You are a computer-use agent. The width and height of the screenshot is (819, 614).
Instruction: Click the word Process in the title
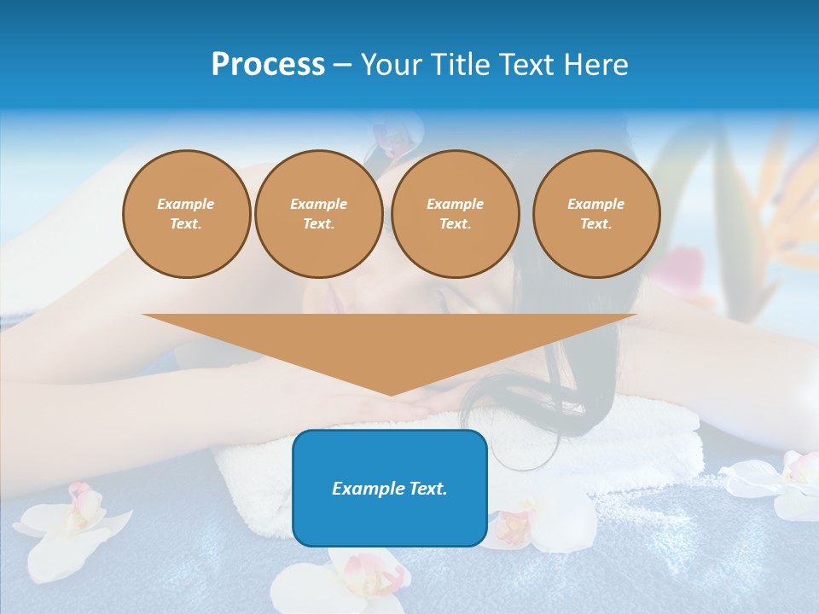[268, 65]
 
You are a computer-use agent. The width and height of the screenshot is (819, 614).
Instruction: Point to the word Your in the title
[391, 65]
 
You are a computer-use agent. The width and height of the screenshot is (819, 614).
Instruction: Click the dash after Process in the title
[342, 66]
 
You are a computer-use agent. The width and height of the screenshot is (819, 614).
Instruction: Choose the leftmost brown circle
[186, 214]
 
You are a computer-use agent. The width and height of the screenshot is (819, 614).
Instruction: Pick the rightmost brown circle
[596, 214]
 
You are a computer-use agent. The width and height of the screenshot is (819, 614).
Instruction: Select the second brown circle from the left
[318, 214]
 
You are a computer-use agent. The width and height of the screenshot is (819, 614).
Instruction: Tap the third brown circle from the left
[455, 214]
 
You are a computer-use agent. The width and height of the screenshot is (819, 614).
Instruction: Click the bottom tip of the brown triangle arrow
[391, 393]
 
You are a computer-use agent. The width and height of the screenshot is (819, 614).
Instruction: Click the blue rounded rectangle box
[390, 520]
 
